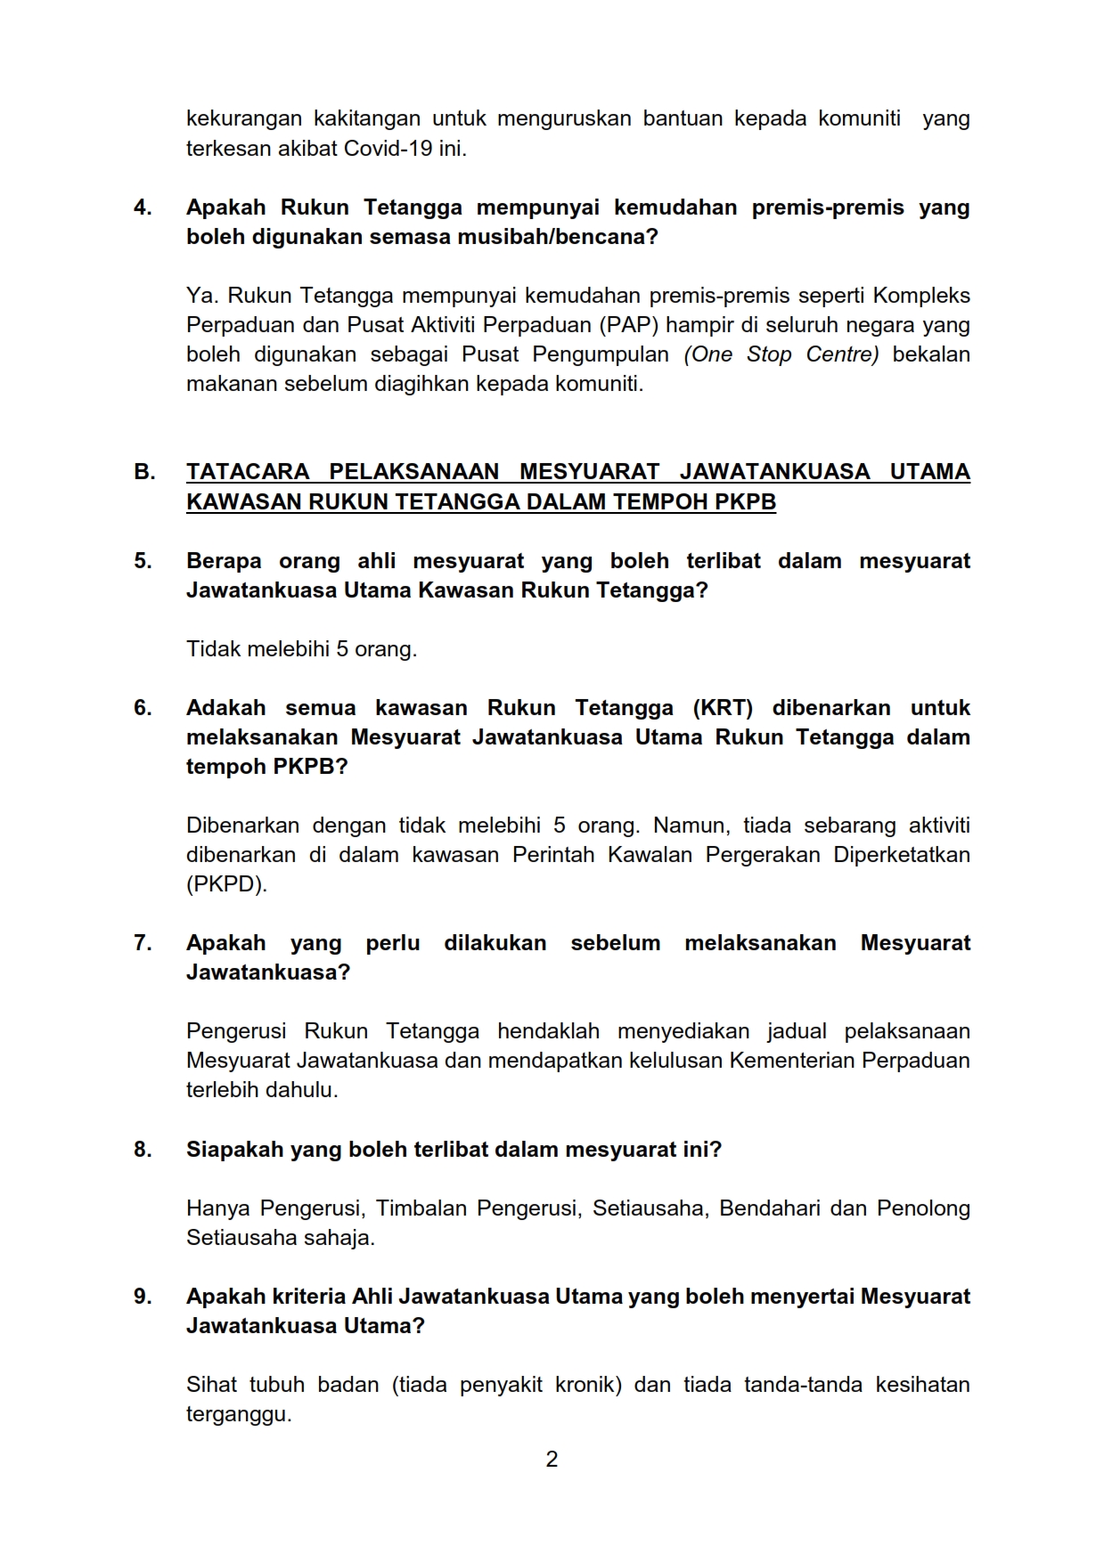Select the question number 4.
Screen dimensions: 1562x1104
pos(143,207)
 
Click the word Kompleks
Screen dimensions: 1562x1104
pos(921,296)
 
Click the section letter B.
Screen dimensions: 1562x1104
pos(143,472)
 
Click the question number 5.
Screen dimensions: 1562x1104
pos(143,561)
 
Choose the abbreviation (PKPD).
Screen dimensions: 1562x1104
pos(226,884)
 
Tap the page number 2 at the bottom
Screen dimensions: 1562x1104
pos(552,1460)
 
